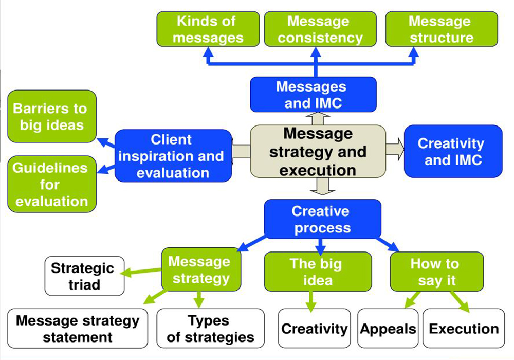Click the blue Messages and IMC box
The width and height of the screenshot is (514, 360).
pos(313,95)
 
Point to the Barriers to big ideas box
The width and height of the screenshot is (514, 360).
pos(51,117)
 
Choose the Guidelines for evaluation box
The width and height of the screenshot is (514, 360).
pos(51,184)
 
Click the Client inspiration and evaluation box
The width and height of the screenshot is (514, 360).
pos(173,156)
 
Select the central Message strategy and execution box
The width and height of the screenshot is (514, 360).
pos(318,152)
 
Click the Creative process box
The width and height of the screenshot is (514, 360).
pos(322,219)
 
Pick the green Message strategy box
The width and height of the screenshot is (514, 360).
pos(200,270)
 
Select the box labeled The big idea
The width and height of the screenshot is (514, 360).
pos(318,272)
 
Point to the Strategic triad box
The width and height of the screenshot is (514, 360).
pos(84,276)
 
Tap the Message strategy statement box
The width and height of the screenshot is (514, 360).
pos(77,328)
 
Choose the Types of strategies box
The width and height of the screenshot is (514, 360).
pos(210,328)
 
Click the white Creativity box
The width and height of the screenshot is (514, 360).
pos(314,328)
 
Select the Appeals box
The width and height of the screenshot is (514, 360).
pos(388,328)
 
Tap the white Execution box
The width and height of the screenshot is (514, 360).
pos(464,328)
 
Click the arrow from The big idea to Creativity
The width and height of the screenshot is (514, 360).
pos(310,301)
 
